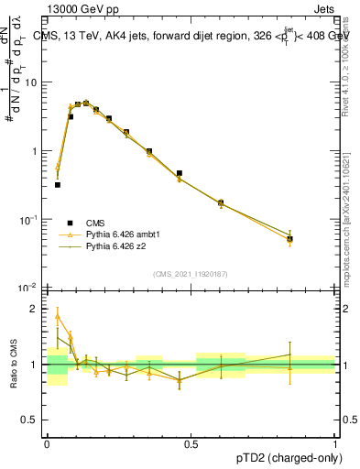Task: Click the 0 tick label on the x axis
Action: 47,443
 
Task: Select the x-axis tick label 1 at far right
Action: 335,443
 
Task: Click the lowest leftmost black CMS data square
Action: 58,184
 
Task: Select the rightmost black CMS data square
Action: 289,239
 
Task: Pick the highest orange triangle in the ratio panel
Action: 58,316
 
